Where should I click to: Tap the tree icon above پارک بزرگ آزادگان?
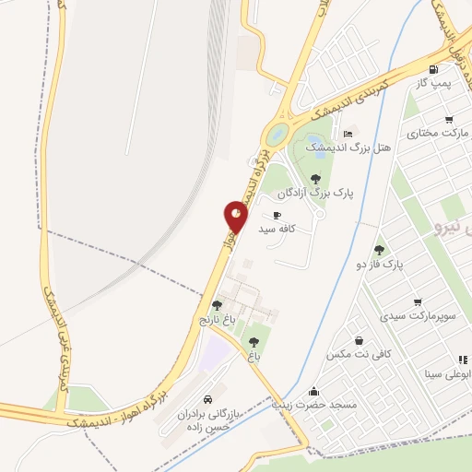(316, 179)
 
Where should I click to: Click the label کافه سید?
(277, 227)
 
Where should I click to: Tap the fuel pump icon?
(433, 69)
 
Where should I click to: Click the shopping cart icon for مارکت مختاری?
(449, 119)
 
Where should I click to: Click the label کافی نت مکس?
(359, 353)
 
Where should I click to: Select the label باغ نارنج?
(218, 320)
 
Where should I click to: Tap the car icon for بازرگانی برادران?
(207, 400)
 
